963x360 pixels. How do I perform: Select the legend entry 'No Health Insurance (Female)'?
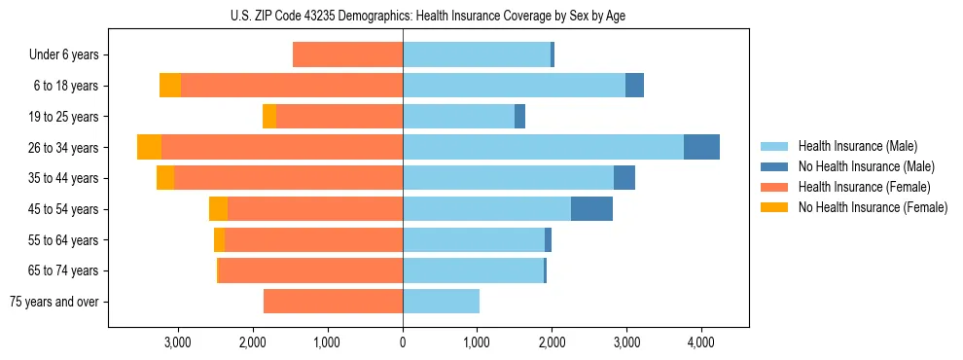(x=873, y=207)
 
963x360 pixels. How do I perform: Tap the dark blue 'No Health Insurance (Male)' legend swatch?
(x=774, y=166)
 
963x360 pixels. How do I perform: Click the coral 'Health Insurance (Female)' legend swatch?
(x=774, y=187)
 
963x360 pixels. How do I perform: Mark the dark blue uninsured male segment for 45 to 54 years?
(x=591, y=209)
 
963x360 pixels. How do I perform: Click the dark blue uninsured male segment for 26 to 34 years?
(x=701, y=147)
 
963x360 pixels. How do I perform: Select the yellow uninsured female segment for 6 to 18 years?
(x=170, y=86)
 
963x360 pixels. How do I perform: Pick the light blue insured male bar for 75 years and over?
(x=441, y=302)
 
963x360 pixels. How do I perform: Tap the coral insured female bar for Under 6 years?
(x=347, y=55)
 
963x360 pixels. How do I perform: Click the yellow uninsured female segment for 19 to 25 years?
(x=269, y=117)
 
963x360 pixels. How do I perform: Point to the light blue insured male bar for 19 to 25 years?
(x=458, y=117)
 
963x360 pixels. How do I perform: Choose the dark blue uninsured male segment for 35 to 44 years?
(x=624, y=178)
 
